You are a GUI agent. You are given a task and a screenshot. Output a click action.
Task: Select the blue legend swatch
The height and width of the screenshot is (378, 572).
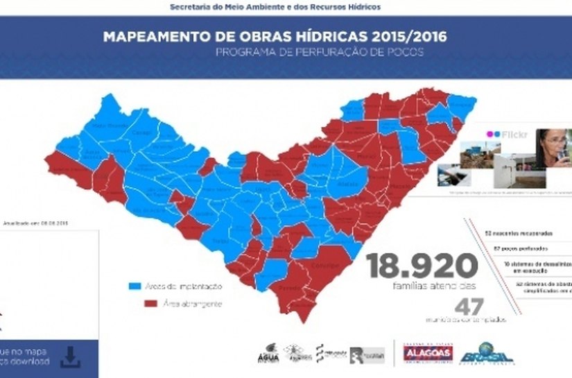click(x=135, y=286)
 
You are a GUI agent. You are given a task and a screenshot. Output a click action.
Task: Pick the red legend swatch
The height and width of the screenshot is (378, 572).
click(x=135, y=303)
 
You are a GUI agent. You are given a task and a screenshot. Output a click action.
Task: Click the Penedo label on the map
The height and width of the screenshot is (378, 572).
click(x=285, y=288)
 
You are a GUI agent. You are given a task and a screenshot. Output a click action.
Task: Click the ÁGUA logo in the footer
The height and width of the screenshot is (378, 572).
click(x=266, y=355)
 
